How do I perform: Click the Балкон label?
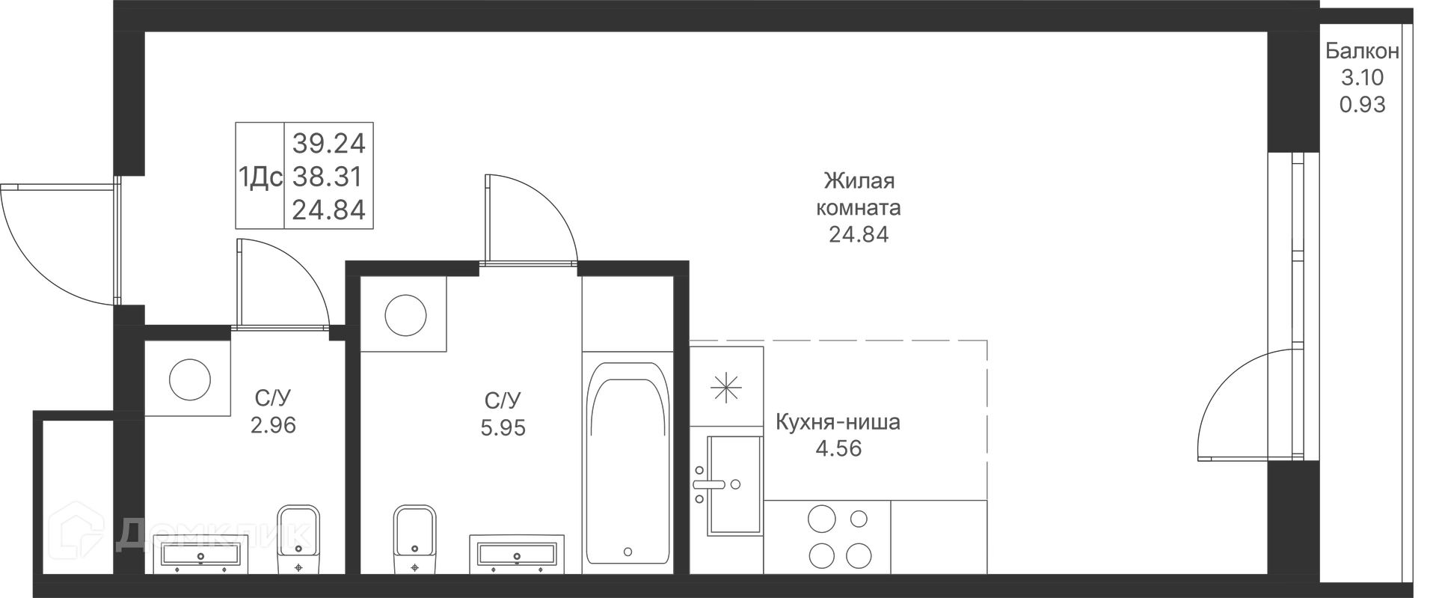[x=1362, y=52]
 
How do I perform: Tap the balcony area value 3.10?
[x=1362, y=78]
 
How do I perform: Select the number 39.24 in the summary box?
[x=328, y=142]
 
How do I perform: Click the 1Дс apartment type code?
[x=260, y=177]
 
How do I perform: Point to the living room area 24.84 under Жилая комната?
[x=859, y=235]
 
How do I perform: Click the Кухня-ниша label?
[x=838, y=422]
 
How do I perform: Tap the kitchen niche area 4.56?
[x=838, y=448]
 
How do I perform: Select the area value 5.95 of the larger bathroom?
[x=503, y=428]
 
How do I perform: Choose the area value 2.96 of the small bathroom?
[x=274, y=425]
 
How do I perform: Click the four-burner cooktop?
[x=839, y=537]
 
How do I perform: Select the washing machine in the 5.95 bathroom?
[x=405, y=314]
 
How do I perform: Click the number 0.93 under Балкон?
[x=1362, y=105]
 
